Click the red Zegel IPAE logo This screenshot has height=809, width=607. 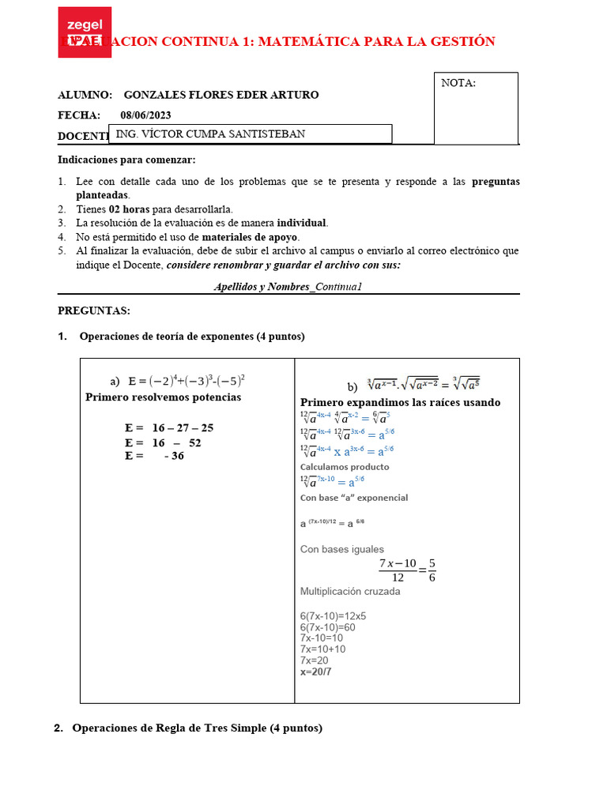click(85, 32)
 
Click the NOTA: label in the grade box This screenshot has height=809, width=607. click(458, 83)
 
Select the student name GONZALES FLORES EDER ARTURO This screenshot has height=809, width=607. click(221, 95)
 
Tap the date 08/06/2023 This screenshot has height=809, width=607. click(145, 115)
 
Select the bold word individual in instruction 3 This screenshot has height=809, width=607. click(301, 223)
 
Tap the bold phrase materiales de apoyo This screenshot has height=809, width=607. click(250, 237)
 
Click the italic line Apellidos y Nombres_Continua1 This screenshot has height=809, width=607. click(288, 287)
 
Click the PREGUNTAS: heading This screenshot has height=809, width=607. click(94, 311)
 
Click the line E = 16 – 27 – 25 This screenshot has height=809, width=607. click(169, 428)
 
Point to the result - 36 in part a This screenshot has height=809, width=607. click(174, 456)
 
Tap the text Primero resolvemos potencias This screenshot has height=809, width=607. click(163, 397)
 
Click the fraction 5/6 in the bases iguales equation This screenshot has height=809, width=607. click(432, 570)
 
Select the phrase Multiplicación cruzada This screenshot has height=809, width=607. click(350, 591)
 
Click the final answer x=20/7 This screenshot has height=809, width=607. click(316, 672)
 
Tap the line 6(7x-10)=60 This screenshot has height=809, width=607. click(327, 627)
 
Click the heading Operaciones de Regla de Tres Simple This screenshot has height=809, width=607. click(197, 728)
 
